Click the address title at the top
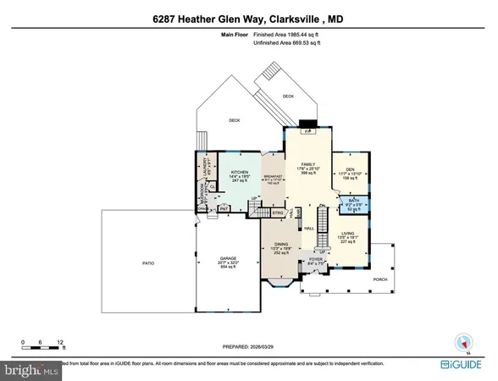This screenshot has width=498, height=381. click(248, 19)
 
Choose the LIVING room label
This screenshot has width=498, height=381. click(347, 234)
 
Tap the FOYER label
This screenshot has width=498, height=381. click(317, 260)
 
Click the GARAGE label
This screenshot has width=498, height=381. click(228, 258)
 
